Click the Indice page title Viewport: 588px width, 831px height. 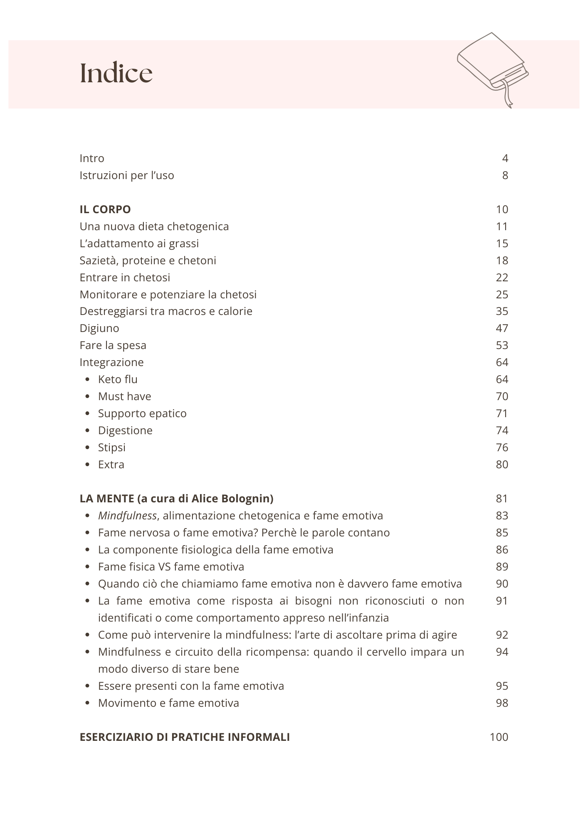pos(116,73)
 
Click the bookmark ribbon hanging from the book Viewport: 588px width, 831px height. pos(507,95)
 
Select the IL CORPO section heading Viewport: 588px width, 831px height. pos(105,209)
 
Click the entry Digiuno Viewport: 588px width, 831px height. pos(99,328)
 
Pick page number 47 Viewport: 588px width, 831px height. pos(502,328)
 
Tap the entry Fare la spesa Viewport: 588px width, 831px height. pos(113,345)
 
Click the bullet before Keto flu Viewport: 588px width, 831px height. pos(87,379)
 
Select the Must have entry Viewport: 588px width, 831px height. pos(124,396)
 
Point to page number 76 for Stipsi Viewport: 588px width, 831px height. pos(502,447)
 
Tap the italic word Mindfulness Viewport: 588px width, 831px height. pos(127,516)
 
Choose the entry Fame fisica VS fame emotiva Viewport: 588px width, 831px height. pos(171,567)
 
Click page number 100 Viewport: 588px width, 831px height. pos(499,737)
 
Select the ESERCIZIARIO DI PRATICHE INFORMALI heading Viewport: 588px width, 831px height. pos(185,737)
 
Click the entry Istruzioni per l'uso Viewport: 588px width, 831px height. pos(127,175)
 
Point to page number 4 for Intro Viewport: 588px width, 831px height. pos(505,158)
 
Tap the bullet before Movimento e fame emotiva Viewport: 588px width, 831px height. pos(87,703)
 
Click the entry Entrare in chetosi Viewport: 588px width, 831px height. pos(125,278)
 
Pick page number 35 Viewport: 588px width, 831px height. pos(502,311)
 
